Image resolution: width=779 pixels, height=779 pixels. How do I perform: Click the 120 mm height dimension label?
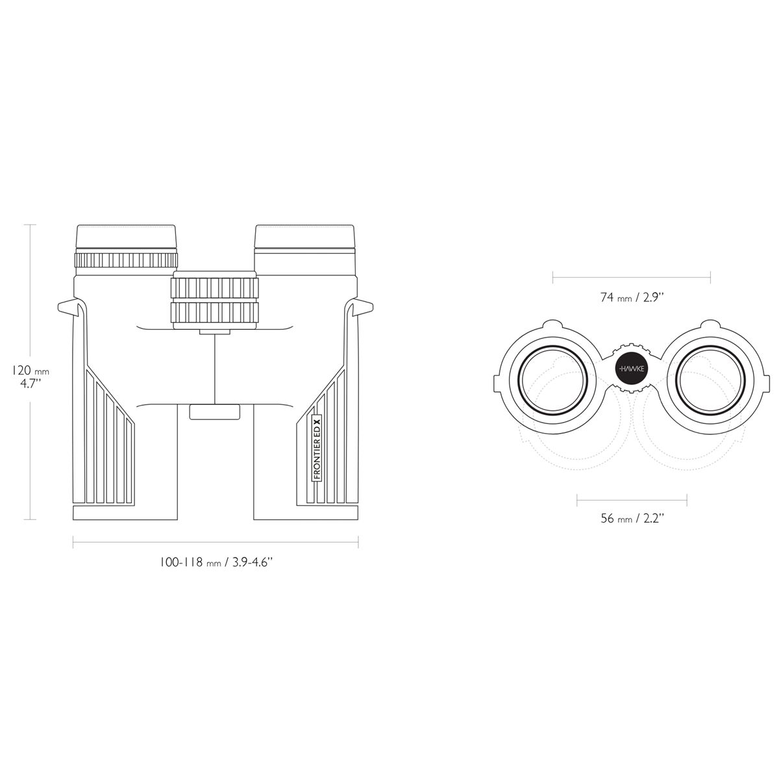(x=31, y=377)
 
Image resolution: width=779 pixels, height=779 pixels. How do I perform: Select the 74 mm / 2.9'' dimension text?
(x=632, y=297)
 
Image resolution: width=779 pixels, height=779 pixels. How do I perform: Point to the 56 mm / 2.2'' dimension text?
(x=632, y=518)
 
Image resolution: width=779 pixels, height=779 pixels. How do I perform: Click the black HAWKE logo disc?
(x=632, y=369)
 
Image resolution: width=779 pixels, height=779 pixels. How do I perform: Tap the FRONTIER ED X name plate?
(x=317, y=449)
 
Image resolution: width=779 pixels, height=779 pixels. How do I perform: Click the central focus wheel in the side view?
(x=215, y=300)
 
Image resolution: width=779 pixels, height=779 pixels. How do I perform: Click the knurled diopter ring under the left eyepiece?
(x=126, y=260)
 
